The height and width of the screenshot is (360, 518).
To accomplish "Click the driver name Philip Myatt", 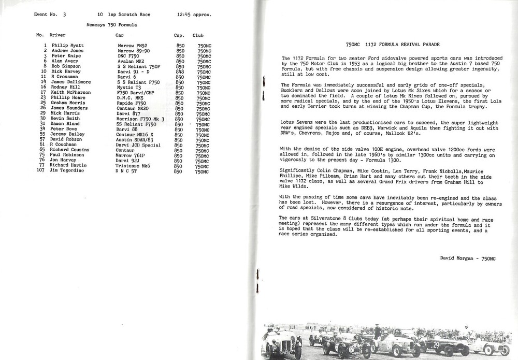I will pyautogui.click(x=67, y=46).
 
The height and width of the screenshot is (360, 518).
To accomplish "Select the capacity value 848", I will pyautogui.click(x=180, y=71).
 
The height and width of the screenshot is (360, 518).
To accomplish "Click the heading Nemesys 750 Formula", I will pyautogui.click(x=111, y=24).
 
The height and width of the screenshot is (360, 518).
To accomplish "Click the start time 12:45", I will pyautogui.click(x=182, y=15).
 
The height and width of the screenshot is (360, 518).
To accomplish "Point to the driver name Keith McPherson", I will pyautogui.click(x=70, y=92).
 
